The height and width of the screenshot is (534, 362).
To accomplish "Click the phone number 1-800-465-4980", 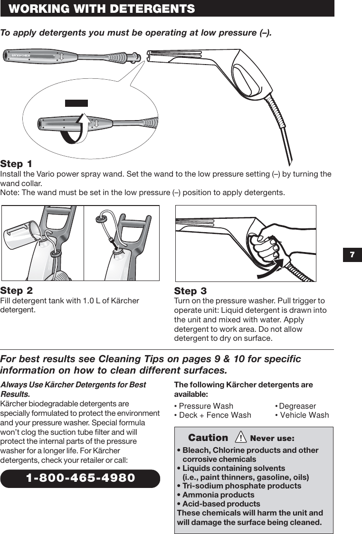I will click(80, 478).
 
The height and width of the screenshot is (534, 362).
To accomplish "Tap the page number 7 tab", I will click(352, 255).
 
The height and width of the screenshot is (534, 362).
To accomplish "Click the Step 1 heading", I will click(17, 164).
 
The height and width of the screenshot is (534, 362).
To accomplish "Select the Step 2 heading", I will click(17, 290).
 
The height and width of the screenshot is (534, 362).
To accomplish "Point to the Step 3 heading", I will click(191, 291).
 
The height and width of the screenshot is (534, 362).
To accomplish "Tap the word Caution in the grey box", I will click(208, 438).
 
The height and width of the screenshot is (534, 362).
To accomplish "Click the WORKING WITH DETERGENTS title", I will click(102, 9).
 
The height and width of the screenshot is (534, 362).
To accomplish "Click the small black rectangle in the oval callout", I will click(76, 103).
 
